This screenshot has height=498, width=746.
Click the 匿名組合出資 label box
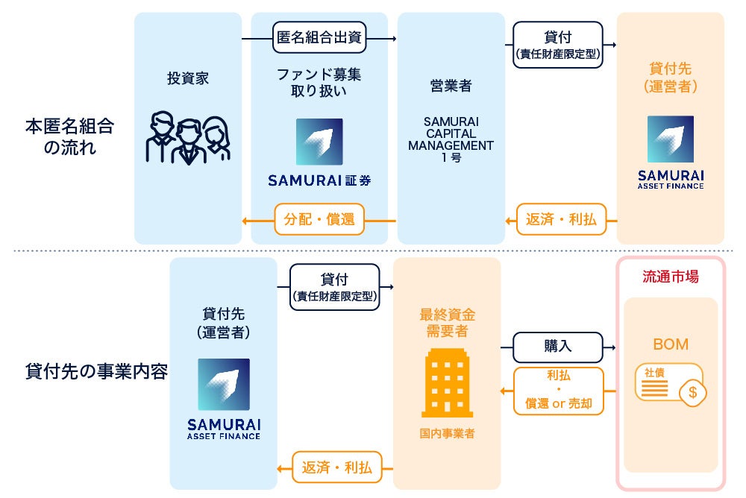tap(319, 37)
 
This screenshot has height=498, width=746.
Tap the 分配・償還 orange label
tap(319, 219)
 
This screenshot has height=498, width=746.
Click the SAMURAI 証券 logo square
tap(319, 142)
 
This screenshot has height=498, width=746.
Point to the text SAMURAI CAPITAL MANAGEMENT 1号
tap(451, 139)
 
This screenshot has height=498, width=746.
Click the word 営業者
tap(451, 86)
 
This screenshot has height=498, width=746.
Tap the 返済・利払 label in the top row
tap(562, 219)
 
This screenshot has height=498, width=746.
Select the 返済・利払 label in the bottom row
tap(336, 467)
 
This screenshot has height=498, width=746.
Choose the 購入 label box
tap(558, 347)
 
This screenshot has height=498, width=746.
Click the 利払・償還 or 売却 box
tap(558, 391)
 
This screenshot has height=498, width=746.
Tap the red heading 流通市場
tap(671, 277)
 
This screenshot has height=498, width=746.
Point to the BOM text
tap(671, 344)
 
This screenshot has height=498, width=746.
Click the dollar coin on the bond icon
tap(692, 392)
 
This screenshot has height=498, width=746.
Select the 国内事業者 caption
tap(447, 433)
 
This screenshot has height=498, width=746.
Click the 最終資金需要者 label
tap(447, 322)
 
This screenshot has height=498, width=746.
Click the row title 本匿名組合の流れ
tap(69, 136)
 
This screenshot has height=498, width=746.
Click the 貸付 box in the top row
tap(558, 42)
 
